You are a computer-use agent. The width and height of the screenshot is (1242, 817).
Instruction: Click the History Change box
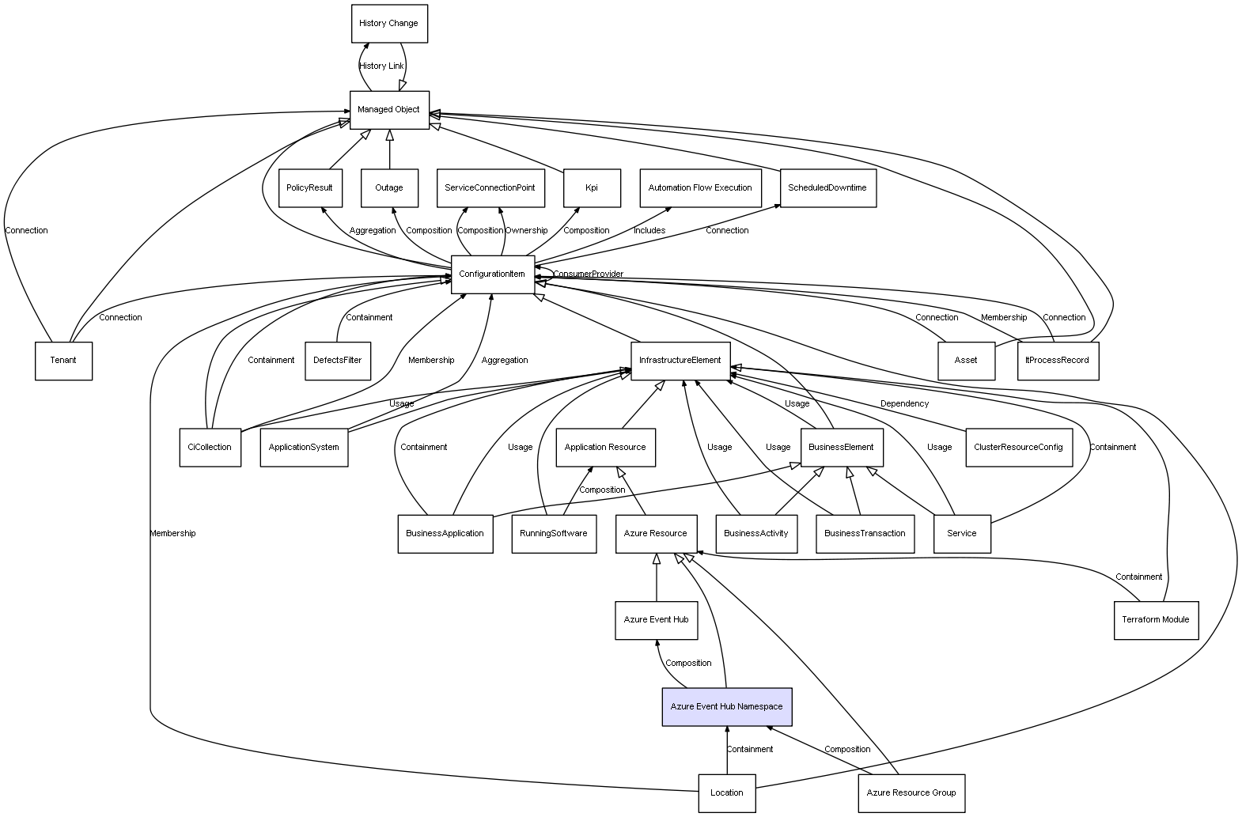pos(389,24)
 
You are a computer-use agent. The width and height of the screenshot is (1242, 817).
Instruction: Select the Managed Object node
pos(389,110)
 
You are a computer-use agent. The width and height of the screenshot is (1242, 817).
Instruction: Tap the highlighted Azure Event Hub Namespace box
pos(726,706)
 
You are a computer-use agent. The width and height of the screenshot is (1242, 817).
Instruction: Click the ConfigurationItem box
pos(492,274)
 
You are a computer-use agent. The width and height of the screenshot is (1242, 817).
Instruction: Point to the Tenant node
pos(63,361)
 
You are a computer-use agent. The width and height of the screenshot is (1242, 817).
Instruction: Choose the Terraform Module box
pos(1155,620)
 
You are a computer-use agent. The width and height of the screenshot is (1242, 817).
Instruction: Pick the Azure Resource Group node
pos(911,792)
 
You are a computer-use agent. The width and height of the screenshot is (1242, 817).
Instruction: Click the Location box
pos(726,792)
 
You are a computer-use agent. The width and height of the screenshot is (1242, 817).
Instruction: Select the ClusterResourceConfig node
pos(1018,447)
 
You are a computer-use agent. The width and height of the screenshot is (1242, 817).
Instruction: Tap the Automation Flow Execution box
pos(700,188)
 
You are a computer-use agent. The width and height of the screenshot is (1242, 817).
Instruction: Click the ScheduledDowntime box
pos(827,188)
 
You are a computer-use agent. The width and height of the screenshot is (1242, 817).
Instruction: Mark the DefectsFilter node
pos(338,361)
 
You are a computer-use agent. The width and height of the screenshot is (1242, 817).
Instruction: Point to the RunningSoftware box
pos(554,534)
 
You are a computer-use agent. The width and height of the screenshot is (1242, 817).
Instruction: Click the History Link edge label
pos(381,66)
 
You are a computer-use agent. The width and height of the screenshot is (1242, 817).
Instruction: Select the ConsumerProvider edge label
pos(588,274)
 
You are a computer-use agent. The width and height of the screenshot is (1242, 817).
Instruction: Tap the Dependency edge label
pos(904,404)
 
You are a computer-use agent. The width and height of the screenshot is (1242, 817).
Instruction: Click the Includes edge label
pos(649,231)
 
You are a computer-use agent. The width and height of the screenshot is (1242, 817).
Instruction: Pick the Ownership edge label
pos(526,231)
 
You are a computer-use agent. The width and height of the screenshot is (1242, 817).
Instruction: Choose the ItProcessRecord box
pos(1057,361)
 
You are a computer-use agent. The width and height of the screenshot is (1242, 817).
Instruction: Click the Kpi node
pos(592,188)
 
